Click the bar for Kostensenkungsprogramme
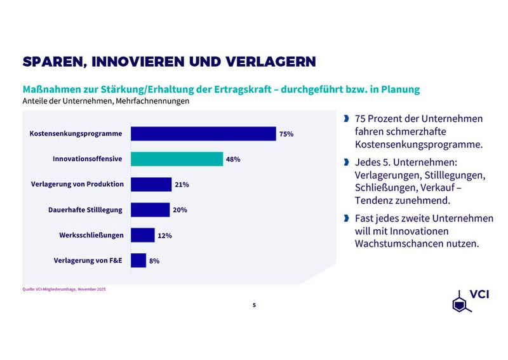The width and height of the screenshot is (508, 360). click(x=203, y=133)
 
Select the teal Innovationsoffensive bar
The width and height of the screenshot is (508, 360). click(x=177, y=159)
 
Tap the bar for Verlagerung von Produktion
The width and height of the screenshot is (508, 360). click(x=151, y=184)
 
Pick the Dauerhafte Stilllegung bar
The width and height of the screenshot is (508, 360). click(x=150, y=210)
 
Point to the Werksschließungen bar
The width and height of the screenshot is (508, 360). click(x=142, y=235)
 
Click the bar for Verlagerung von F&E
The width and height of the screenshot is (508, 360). click(x=138, y=260)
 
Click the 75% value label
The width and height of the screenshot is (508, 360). click(x=286, y=134)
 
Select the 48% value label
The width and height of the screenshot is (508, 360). click(x=233, y=159)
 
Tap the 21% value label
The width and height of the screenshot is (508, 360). click(x=182, y=185)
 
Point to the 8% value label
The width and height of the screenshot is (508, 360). click(x=154, y=261)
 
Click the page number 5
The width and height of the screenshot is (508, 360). click(x=254, y=305)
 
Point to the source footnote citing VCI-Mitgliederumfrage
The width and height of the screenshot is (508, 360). click(x=63, y=290)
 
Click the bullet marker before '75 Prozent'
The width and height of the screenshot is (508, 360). click(x=346, y=119)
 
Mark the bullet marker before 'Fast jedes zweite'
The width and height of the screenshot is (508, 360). click(x=346, y=218)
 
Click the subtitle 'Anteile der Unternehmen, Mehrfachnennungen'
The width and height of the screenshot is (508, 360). click(x=106, y=100)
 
